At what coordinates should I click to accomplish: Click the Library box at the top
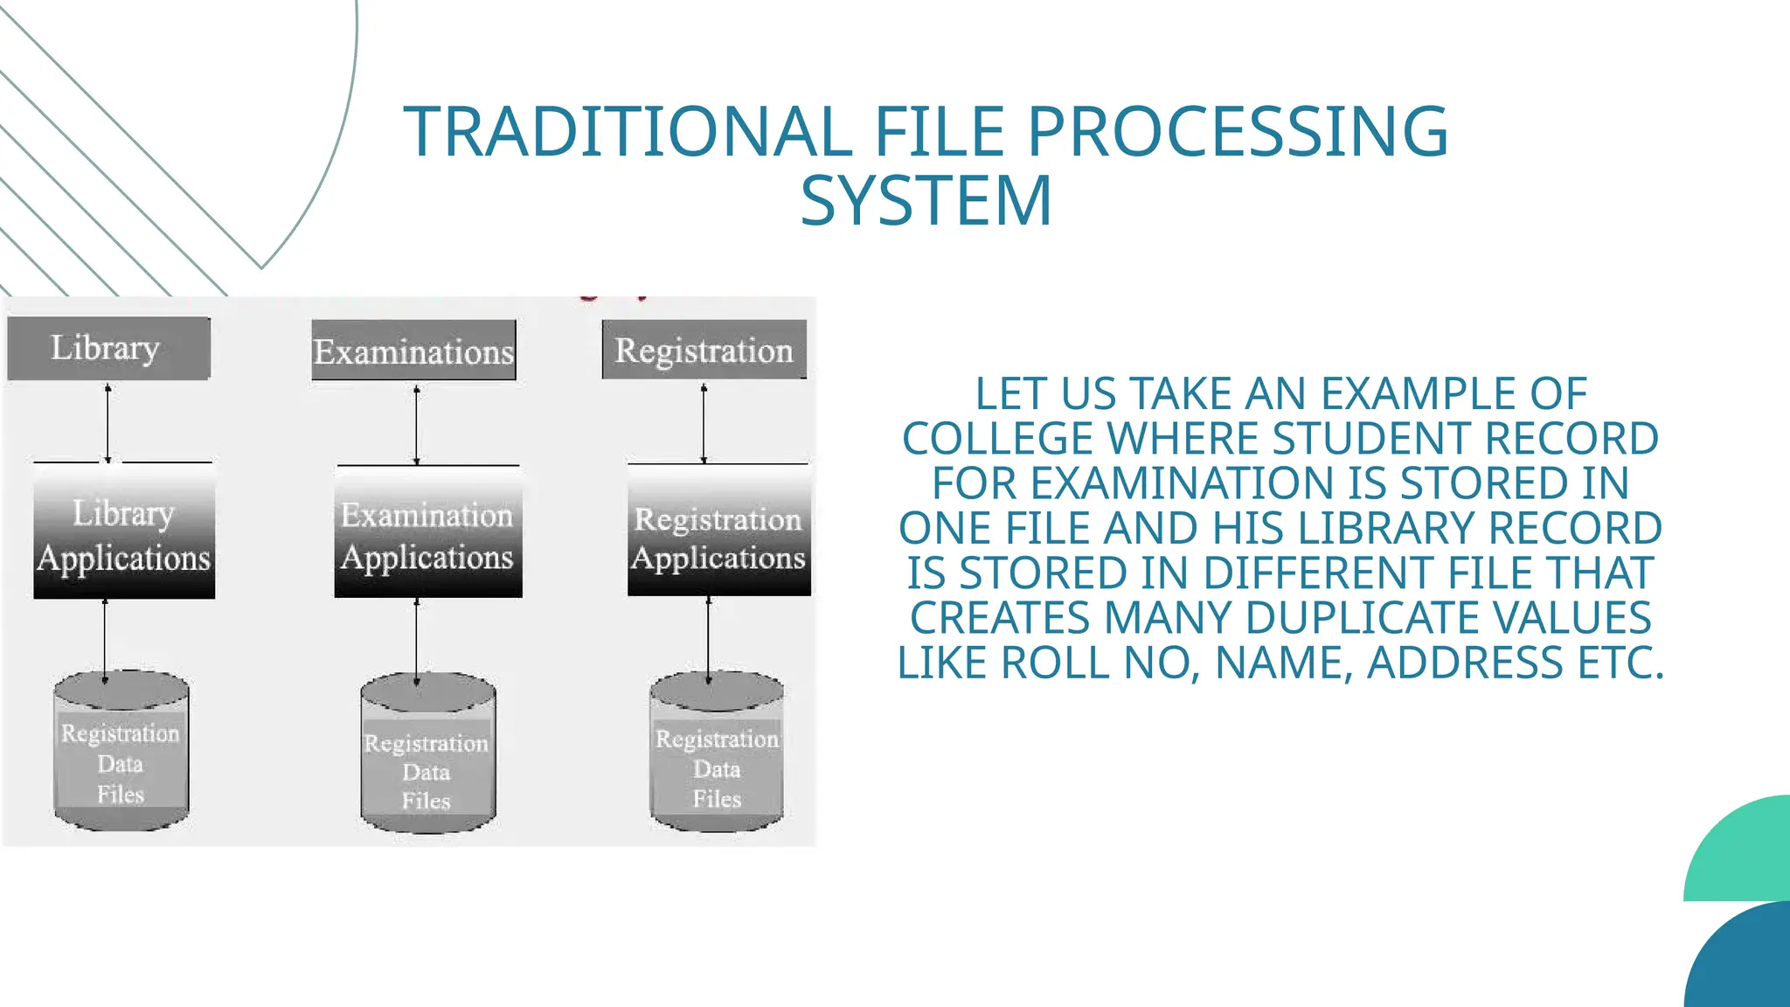[108, 348]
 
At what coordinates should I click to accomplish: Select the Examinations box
[413, 351]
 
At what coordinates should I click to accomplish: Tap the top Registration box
[704, 350]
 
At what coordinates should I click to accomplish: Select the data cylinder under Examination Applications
[427, 756]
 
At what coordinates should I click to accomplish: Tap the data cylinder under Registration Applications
[717, 754]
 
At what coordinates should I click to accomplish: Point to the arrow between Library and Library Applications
[108, 423]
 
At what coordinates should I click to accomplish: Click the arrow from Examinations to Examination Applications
[416, 425]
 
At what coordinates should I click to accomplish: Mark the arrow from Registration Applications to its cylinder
[708, 638]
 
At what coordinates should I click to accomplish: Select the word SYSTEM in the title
[926, 201]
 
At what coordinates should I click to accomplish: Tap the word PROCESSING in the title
[1238, 132]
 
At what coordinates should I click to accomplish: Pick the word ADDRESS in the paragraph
[1465, 663]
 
